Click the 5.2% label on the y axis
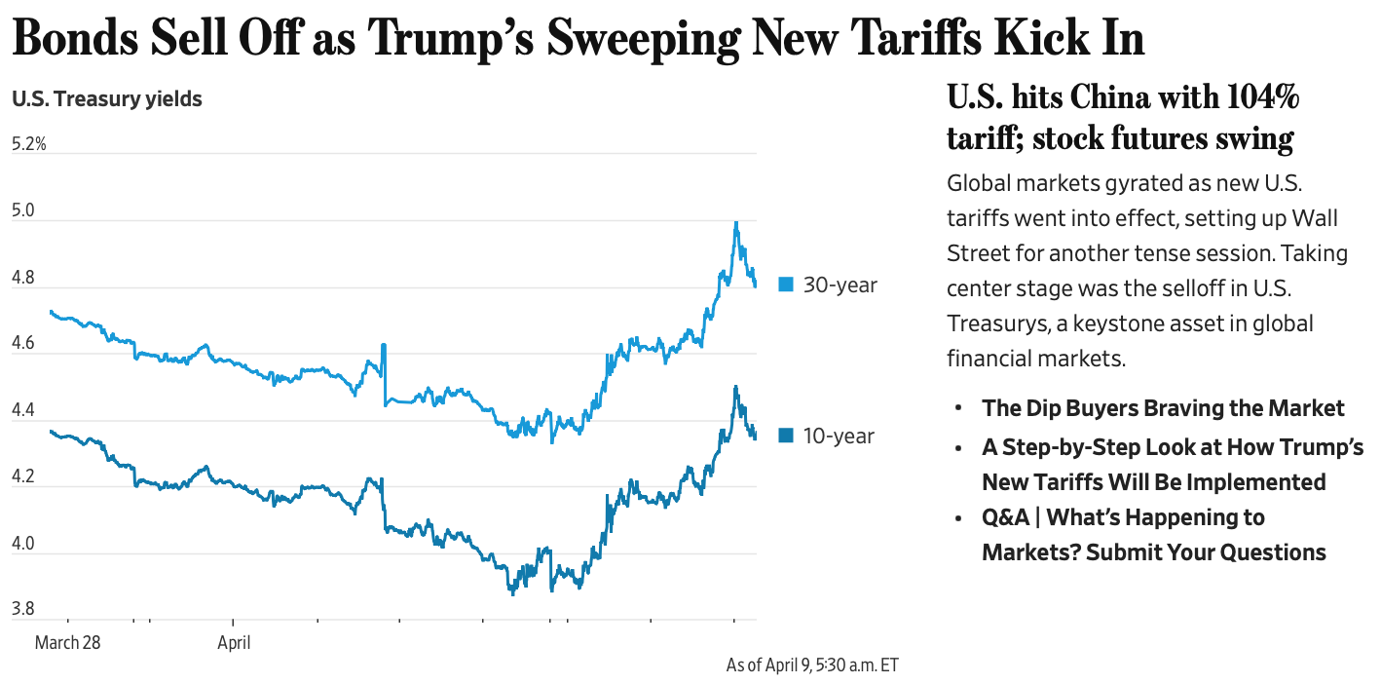pyautogui.click(x=29, y=145)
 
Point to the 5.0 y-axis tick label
pyautogui.click(x=22, y=211)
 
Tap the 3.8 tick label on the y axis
pyautogui.click(x=22, y=610)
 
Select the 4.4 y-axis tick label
pyautogui.click(x=22, y=411)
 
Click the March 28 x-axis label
pyautogui.click(x=67, y=643)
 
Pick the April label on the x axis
pyautogui.click(x=234, y=643)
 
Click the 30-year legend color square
pyautogui.click(x=786, y=285)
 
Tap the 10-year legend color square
pyautogui.click(x=786, y=436)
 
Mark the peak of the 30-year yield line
pyautogui.click(x=735, y=223)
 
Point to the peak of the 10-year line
pyautogui.click(x=735, y=387)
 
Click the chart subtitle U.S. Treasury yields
pyautogui.click(x=107, y=98)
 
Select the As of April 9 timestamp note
pyautogui.click(x=812, y=665)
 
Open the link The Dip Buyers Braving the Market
pyautogui.click(x=1163, y=408)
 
